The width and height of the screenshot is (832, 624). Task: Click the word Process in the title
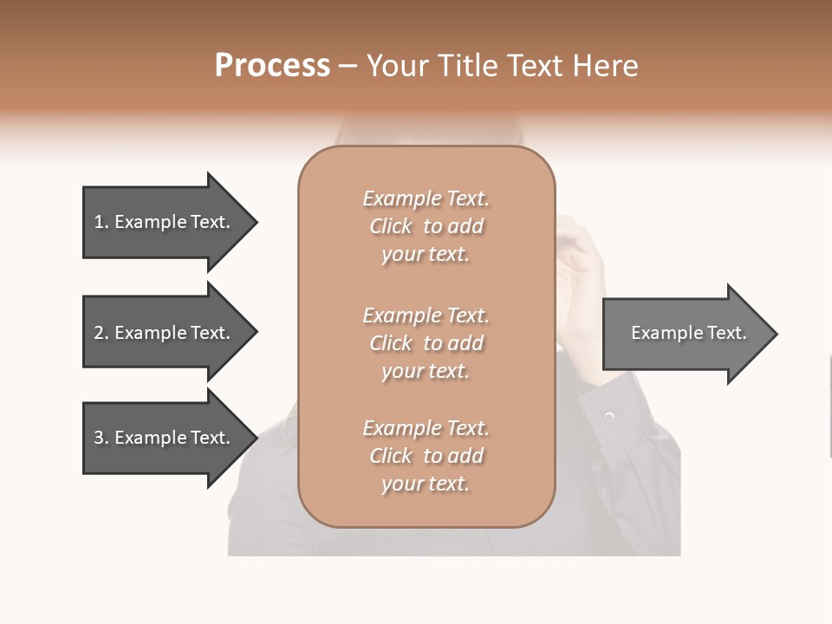pyautogui.click(x=272, y=66)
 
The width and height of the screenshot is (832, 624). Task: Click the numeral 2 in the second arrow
pyautogui.click(x=99, y=333)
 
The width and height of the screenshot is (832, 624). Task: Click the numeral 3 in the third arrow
pyautogui.click(x=99, y=438)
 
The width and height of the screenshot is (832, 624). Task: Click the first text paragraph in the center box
pyautogui.click(x=426, y=226)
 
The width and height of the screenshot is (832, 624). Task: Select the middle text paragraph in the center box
pyautogui.click(x=426, y=342)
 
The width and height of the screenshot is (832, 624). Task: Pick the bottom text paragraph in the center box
pyautogui.click(x=426, y=456)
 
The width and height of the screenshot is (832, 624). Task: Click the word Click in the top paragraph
pyautogui.click(x=391, y=226)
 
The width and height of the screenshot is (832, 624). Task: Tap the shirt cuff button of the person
pyautogui.click(x=609, y=418)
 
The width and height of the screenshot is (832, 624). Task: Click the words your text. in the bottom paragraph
pyautogui.click(x=426, y=484)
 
